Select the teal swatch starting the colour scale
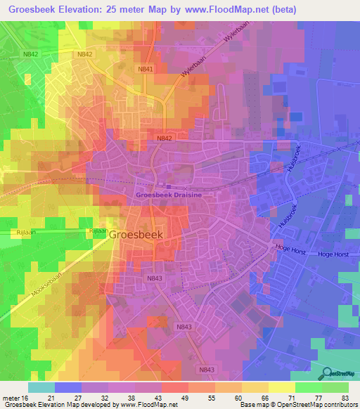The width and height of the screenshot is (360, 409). pyautogui.click(x=41, y=387)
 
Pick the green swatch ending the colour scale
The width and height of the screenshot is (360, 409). pyautogui.click(x=335, y=387)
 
